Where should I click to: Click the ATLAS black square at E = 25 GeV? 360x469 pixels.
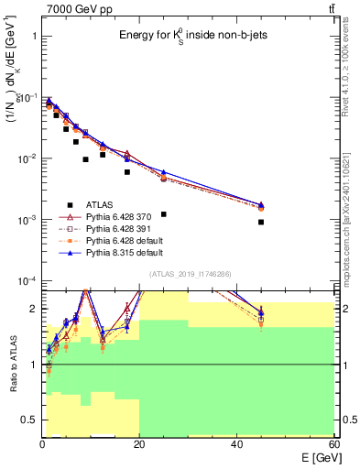[x=164, y=213]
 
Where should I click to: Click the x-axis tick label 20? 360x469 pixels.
[x=139, y=443]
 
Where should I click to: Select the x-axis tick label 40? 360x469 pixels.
[x=236, y=443]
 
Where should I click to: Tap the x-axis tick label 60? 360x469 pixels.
[x=333, y=443]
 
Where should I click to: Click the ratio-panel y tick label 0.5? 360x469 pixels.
[x=28, y=420]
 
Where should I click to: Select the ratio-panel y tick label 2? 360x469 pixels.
[x=32, y=309]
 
